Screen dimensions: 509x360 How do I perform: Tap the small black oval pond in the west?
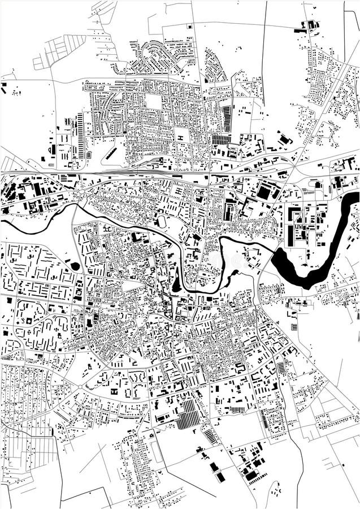(75, 265)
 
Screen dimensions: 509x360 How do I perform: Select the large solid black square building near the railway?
(264, 192)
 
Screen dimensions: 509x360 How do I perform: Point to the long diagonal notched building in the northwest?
(112, 153)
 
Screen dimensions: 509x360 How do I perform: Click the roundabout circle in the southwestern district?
(81, 386)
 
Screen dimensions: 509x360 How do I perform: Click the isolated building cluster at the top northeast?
(309, 25)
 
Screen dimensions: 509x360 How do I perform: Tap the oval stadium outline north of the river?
(162, 221)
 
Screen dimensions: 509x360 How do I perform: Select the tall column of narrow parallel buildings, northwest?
(80, 136)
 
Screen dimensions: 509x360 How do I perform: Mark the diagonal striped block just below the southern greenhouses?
(210, 437)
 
